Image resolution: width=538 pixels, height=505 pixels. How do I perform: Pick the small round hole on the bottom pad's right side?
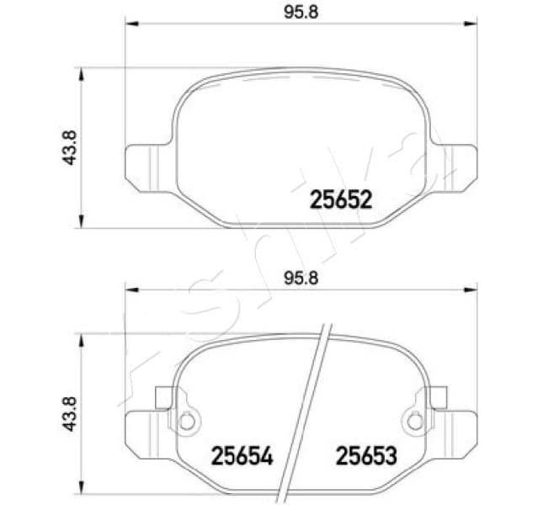pos(413,420)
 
